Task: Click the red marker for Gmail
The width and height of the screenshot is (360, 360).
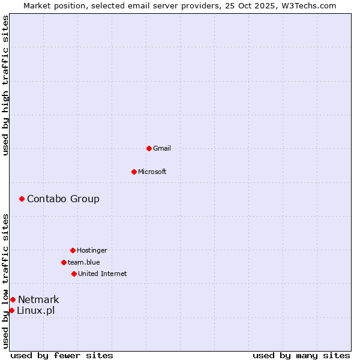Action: click(x=149, y=148)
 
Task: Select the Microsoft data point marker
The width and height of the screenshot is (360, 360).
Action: click(x=134, y=172)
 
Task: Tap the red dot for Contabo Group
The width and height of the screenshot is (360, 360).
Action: click(x=22, y=199)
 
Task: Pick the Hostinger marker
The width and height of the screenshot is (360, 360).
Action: click(x=73, y=250)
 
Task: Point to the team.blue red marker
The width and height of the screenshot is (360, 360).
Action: click(x=64, y=262)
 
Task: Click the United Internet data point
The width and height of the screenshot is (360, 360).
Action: click(x=74, y=274)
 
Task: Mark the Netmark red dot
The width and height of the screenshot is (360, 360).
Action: click(x=13, y=299)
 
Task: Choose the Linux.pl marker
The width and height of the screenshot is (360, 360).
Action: click(x=11, y=310)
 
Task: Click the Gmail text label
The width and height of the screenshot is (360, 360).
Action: click(x=162, y=148)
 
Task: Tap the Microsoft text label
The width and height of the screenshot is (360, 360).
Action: click(x=152, y=172)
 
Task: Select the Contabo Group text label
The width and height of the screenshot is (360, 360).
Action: click(x=63, y=199)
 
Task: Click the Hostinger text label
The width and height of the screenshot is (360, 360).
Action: click(x=92, y=250)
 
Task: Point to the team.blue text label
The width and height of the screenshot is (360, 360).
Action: click(x=84, y=262)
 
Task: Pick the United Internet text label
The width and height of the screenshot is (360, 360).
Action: click(x=103, y=274)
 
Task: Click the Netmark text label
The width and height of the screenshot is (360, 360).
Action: click(x=38, y=299)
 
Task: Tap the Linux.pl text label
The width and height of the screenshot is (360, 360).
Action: click(x=35, y=310)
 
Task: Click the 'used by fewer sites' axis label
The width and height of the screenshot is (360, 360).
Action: click(x=62, y=355)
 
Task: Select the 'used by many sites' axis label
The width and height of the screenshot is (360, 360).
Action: click(x=301, y=355)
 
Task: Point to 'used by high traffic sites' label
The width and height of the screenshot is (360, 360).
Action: click(x=5, y=85)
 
